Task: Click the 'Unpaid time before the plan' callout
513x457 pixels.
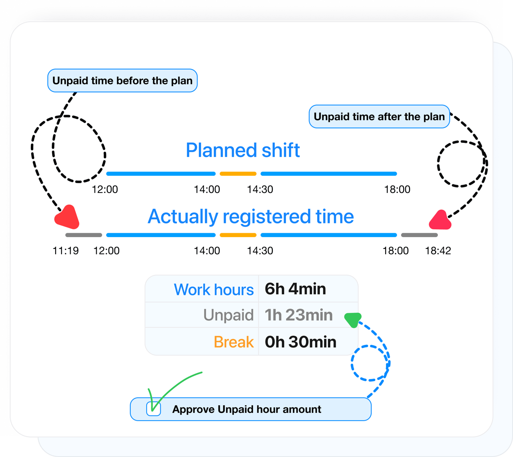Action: [122, 80]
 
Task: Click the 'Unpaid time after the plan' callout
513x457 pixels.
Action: [379, 116]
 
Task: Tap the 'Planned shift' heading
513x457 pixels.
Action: [243, 150]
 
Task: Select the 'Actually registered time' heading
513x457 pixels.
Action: [251, 217]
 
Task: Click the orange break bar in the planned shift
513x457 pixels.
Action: [238, 174]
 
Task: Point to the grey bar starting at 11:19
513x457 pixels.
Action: [84, 235]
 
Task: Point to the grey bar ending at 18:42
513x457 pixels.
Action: [419, 235]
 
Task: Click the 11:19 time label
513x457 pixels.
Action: [65, 251]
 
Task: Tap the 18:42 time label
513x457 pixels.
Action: [438, 251]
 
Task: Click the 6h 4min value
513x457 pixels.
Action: [295, 289]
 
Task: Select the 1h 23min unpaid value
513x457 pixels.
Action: [298, 315]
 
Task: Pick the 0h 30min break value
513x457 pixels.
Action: [301, 342]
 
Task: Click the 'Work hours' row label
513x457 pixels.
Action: [214, 290]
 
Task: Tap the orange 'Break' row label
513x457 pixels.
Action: [233, 342]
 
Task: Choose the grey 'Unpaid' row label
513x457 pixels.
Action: [228, 315]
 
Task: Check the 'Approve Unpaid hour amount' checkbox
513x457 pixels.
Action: [153, 409]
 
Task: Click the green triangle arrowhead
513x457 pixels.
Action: [353, 320]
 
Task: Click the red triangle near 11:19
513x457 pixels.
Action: [68, 217]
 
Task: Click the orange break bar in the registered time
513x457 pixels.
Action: [238, 235]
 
